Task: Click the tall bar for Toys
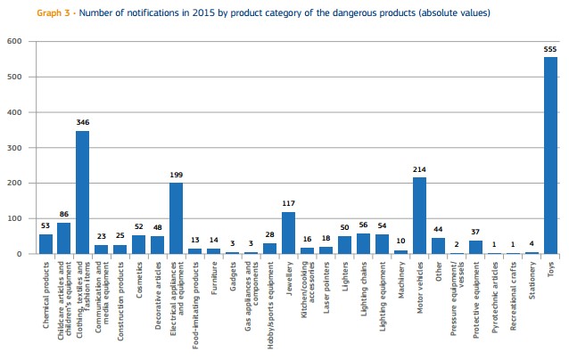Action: point(550,156)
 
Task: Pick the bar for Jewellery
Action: point(288,233)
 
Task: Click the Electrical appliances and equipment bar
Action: point(176,218)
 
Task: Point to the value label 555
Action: point(550,49)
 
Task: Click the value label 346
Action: point(82,122)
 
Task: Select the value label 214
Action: point(419,168)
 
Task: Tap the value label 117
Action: point(288,203)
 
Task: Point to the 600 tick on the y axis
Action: point(14,41)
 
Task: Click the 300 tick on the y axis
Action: point(14,148)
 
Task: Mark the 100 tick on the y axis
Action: point(14,218)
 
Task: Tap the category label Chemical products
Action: point(46,286)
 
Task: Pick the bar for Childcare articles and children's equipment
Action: point(63,238)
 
